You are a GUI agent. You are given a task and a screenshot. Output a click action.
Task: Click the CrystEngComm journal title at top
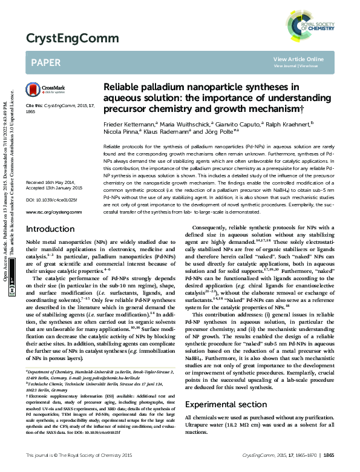(63, 39)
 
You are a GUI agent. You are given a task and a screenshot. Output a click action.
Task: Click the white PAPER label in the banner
(45, 62)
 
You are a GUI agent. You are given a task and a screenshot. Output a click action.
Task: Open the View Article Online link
(298, 59)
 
